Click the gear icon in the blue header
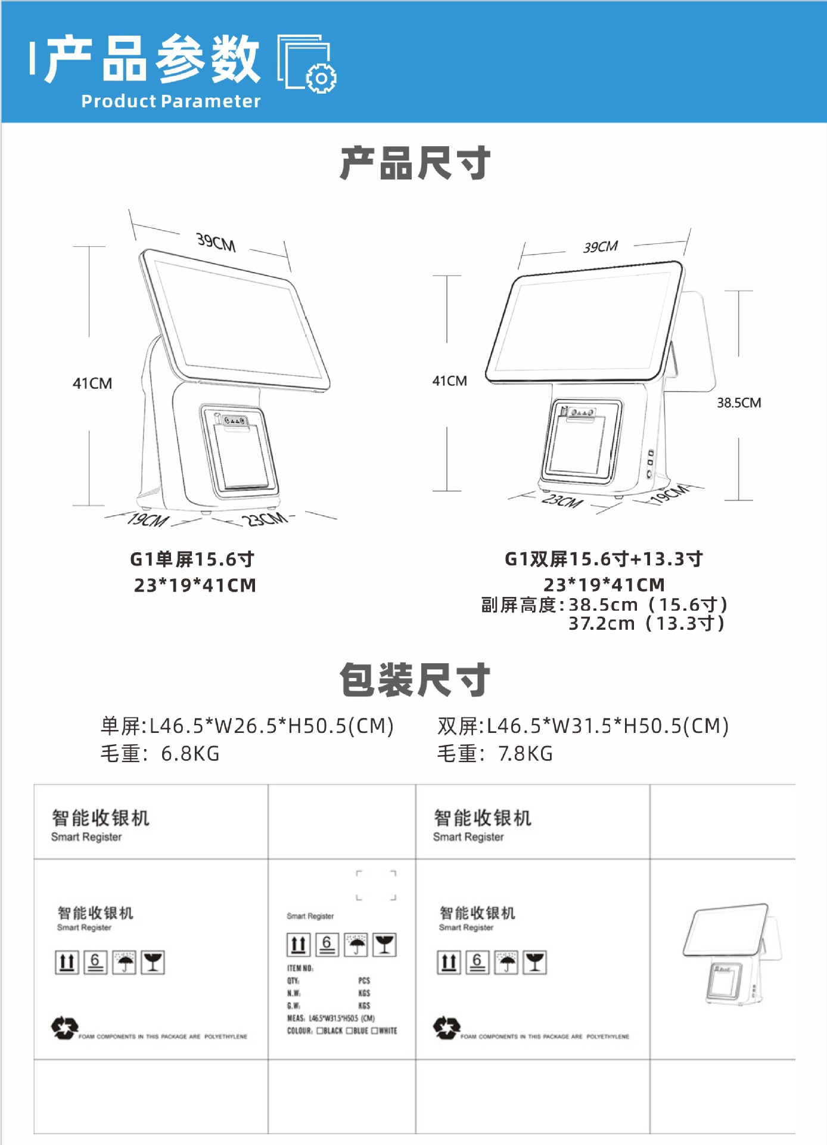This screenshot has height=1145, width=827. coord(321,78)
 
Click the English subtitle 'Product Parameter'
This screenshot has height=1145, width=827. coord(171,101)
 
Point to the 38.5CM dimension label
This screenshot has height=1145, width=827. coord(738,403)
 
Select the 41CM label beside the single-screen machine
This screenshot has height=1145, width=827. coord(92,383)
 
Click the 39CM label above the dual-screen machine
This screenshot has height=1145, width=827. coord(600,247)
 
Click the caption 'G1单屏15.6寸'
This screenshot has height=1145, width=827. coord(192,559)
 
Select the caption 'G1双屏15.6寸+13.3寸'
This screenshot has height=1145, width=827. coord(604,559)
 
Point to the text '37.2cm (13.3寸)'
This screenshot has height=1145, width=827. coord(646,624)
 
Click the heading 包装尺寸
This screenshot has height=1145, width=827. coord(415,679)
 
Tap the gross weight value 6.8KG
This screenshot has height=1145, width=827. coord(190,754)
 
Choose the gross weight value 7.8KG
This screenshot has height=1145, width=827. coord(525,754)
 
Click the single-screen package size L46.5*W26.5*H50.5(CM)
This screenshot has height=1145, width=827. coord(271,726)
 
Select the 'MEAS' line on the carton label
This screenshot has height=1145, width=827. coord(331,1019)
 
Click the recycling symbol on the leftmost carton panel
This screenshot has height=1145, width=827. coord(64,1028)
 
